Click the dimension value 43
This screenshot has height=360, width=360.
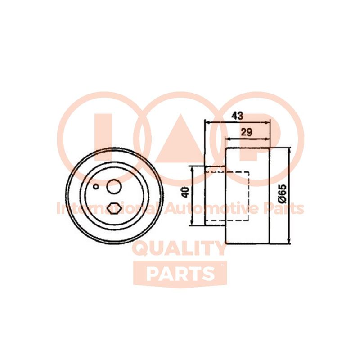[x=237, y=116]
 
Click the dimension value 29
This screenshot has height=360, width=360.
[x=246, y=132]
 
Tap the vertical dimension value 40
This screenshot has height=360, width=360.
[x=185, y=192]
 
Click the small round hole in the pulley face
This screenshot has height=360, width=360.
[x=96, y=187]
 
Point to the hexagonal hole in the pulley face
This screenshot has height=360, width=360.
[x=114, y=208]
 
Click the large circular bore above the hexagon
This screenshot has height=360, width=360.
[x=114, y=186]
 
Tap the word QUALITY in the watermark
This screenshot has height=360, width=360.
[x=180, y=249]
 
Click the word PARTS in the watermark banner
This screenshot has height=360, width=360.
[x=180, y=274]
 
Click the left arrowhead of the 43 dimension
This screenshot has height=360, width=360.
[x=207, y=123]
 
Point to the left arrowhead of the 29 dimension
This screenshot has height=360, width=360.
[x=227, y=139]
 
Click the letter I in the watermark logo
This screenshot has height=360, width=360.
[x=103, y=138]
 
